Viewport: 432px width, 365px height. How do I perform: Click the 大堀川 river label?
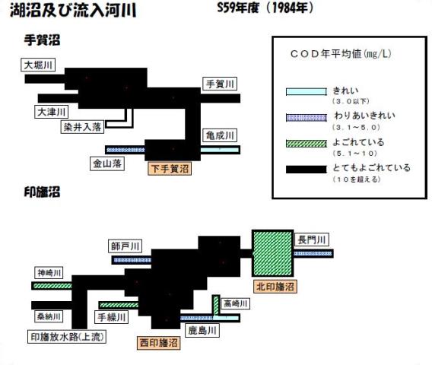click(x=38, y=65)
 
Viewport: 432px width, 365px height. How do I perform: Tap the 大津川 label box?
click(x=51, y=112)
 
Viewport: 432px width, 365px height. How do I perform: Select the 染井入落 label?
click(x=82, y=127)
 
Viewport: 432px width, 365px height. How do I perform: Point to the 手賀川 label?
click(x=220, y=84)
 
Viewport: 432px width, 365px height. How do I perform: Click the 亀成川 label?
click(x=220, y=135)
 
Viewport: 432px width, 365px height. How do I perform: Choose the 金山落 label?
click(x=107, y=163)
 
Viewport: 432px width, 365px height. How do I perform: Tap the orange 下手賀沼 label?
click(x=170, y=169)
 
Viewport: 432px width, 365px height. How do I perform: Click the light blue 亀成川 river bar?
click(x=220, y=150)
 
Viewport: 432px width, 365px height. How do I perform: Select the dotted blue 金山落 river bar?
click(x=125, y=150)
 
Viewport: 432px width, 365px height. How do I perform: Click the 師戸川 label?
click(x=125, y=246)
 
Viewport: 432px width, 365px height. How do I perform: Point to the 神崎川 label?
click(x=49, y=273)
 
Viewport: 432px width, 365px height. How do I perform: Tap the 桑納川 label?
click(x=49, y=316)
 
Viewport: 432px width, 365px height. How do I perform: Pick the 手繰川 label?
click(x=111, y=317)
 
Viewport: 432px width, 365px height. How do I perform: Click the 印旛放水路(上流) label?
click(x=67, y=337)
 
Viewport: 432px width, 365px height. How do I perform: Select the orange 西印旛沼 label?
click(x=159, y=343)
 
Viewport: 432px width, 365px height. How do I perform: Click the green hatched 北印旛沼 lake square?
click(x=272, y=253)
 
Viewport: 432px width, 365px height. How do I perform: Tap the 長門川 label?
click(x=312, y=240)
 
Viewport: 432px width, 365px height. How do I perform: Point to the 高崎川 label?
click(x=235, y=303)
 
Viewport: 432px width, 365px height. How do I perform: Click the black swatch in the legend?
click(x=306, y=170)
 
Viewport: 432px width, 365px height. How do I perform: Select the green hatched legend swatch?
click(x=306, y=144)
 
